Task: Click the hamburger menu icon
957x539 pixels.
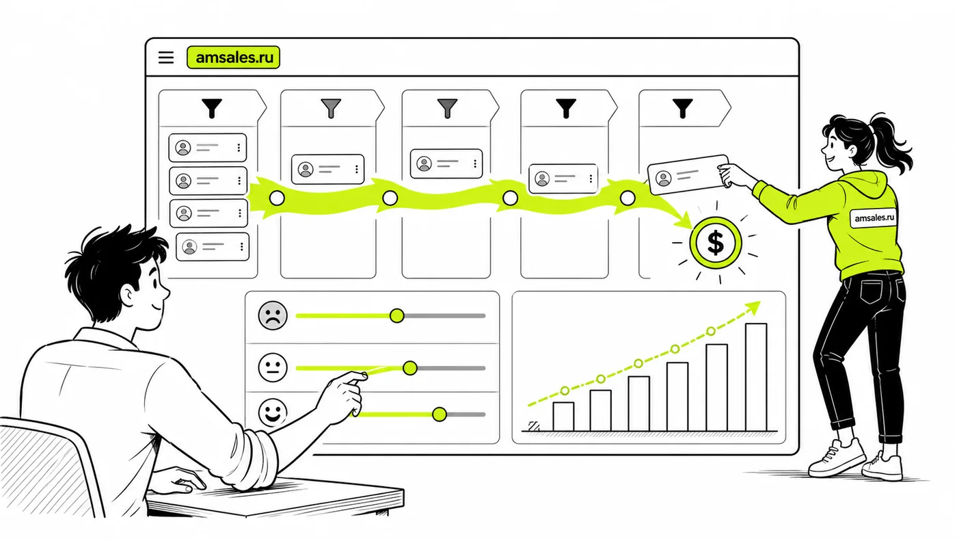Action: coord(165,57)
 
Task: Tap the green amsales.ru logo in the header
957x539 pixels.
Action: coord(233,57)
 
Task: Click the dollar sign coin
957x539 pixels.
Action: coord(716,243)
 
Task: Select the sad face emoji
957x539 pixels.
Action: coord(273,315)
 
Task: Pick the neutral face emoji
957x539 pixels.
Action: coord(273,367)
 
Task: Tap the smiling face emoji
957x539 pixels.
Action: coord(273,412)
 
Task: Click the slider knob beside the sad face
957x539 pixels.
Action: coord(397,316)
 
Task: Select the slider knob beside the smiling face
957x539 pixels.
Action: coord(439,415)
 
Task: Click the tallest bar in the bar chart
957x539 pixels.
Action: coord(756,377)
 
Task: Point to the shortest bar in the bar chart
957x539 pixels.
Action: coord(563,417)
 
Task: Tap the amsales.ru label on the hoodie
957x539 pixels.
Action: coord(874,218)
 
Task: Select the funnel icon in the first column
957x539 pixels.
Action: coord(212,108)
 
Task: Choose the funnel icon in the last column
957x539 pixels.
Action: coord(682,108)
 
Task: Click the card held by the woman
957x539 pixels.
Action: coord(688,174)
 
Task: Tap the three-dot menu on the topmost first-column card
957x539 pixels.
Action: coord(239,148)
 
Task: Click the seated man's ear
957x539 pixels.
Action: coord(128,295)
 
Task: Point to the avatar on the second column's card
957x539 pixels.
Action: coord(306,169)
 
